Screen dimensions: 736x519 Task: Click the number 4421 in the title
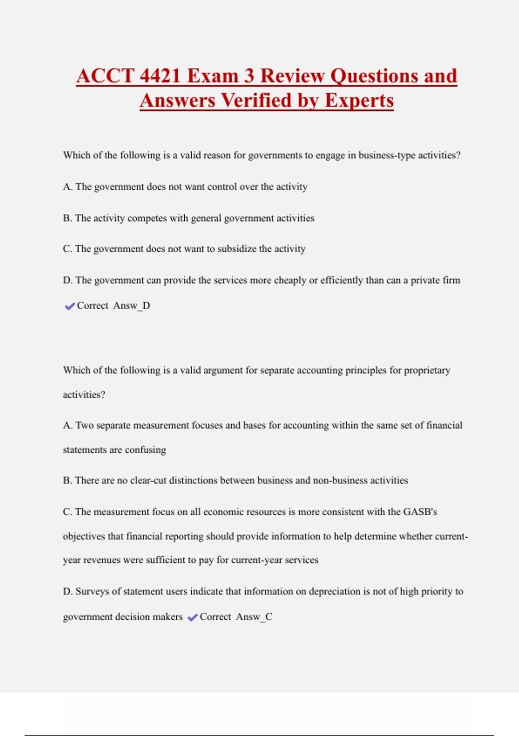[x=160, y=76]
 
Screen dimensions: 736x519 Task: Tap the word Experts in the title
[x=359, y=100]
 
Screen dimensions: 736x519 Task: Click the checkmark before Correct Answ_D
[x=70, y=307]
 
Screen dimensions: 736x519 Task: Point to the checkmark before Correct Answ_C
[x=192, y=617]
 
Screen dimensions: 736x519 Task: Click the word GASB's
[x=420, y=512]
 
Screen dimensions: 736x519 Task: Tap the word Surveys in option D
[x=92, y=591]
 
